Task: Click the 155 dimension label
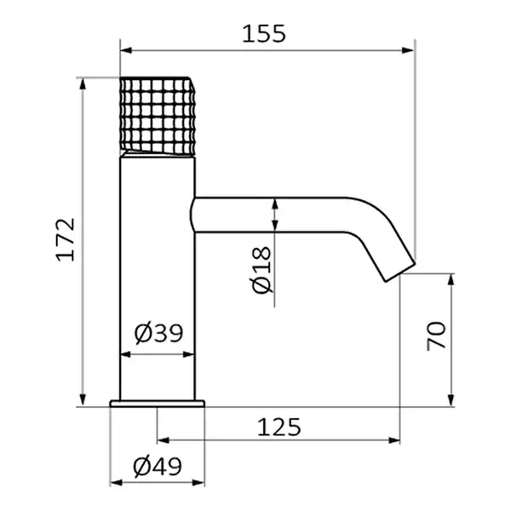click(264, 33)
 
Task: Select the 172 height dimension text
click(66, 239)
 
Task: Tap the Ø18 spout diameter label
click(261, 270)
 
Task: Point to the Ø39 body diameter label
click(158, 333)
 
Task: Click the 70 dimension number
click(436, 336)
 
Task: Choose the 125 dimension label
click(279, 427)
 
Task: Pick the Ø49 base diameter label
click(158, 467)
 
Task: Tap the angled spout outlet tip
click(400, 272)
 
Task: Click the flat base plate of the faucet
click(158, 404)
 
